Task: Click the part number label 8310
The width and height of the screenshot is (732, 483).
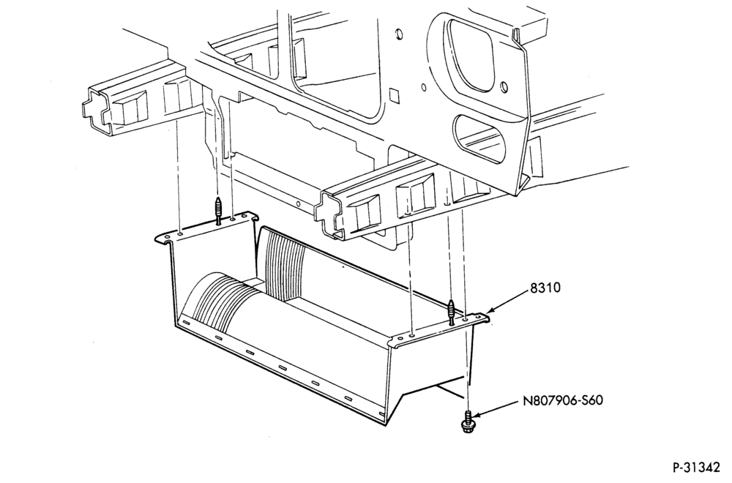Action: coord(545,288)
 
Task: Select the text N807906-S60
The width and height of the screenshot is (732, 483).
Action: coord(562,400)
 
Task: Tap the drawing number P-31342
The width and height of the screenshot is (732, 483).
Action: coord(695,467)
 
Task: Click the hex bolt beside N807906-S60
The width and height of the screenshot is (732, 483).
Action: coord(467,421)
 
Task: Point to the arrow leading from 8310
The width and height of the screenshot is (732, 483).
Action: coord(507,301)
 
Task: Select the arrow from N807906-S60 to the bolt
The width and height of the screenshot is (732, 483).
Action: coord(497,408)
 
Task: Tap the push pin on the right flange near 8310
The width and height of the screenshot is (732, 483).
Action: coord(451,312)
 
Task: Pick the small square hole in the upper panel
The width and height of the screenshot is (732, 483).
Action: coord(395,95)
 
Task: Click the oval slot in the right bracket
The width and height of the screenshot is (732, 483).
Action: coord(480,138)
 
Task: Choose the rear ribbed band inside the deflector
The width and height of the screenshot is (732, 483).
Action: coord(284,263)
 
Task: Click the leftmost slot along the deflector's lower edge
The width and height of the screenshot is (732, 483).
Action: coord(186,323)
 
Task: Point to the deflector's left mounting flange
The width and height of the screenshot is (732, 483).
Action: coord(206,228)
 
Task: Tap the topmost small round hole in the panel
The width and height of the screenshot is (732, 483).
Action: coord(399,34)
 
